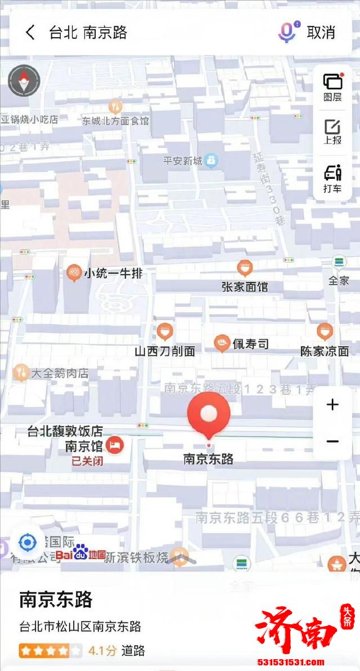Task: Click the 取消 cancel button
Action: click(x=321, y=33)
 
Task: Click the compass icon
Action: click(x=24, y=81)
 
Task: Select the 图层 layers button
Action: click(x=332, y=87)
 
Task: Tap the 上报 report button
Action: click(x=332, y=132)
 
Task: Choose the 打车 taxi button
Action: click(x=332, y=179)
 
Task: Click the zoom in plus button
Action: click(x=332, y=404)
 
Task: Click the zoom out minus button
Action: click(x=332, y=442)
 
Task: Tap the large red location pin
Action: click(x=209, y=416)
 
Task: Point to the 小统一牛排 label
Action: click(x=113, y=274)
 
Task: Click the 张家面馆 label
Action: click(x=245, y=286)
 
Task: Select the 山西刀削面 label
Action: click(x=165, y=351)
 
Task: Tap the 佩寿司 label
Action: click(x=250, y=344)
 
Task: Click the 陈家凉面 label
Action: click(x=325, y=351)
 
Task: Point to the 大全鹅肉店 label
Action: click(x=60, y=372)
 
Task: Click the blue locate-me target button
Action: click(x=27, y=542)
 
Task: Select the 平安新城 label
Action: click(x=183, y=161)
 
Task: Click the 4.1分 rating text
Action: click(x=102, y=651)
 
